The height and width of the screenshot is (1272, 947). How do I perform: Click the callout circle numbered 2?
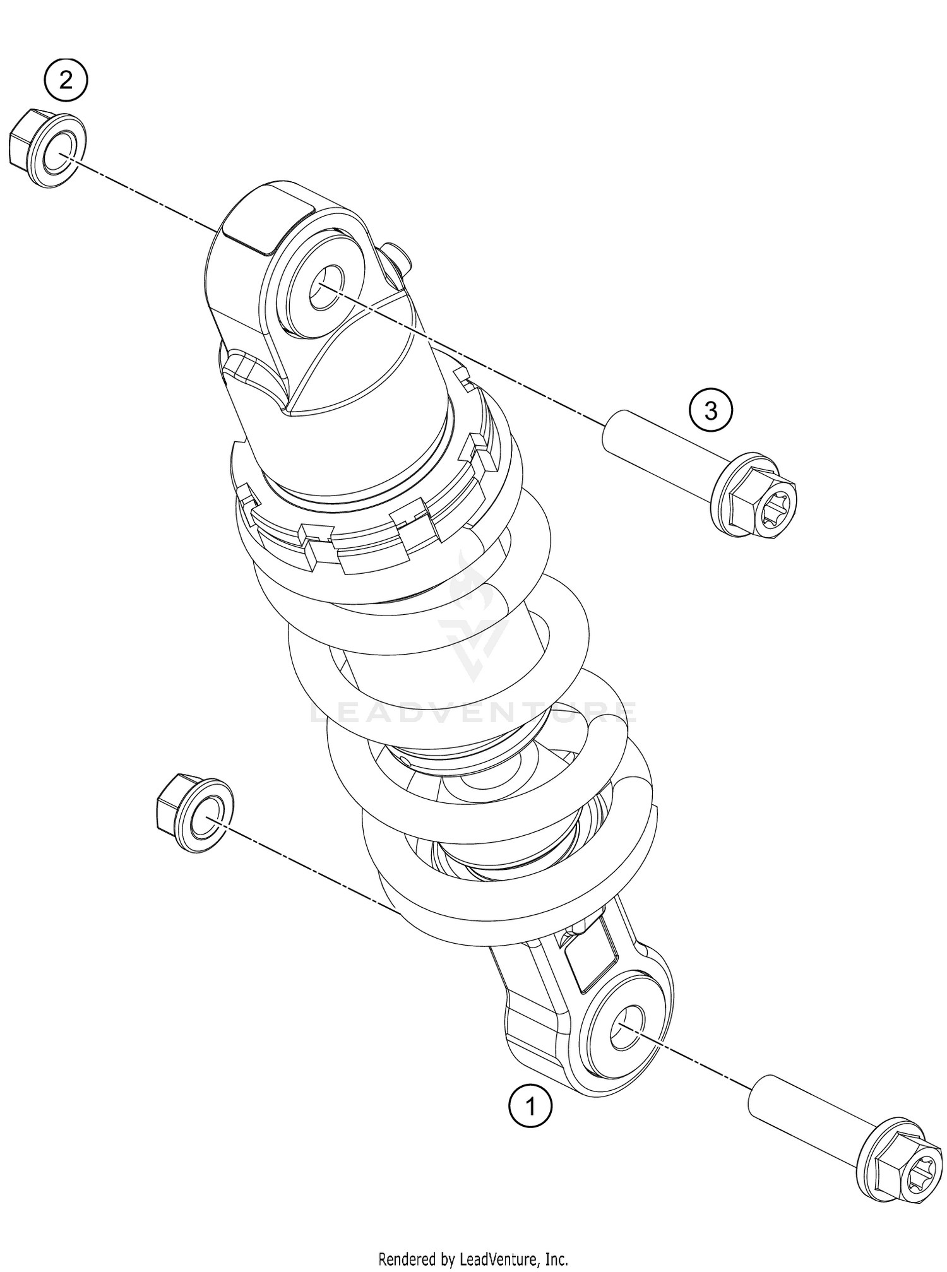pyautogui.click(x=66, y=80)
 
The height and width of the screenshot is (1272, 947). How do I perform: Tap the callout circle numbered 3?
pyautogui.click(x=711, y=411)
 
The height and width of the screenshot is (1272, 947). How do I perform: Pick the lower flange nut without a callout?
pyautogui.click(x=192, y=815)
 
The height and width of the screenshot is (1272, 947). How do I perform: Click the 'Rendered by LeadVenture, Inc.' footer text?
pyautogui.click(x=473, y=1259)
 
